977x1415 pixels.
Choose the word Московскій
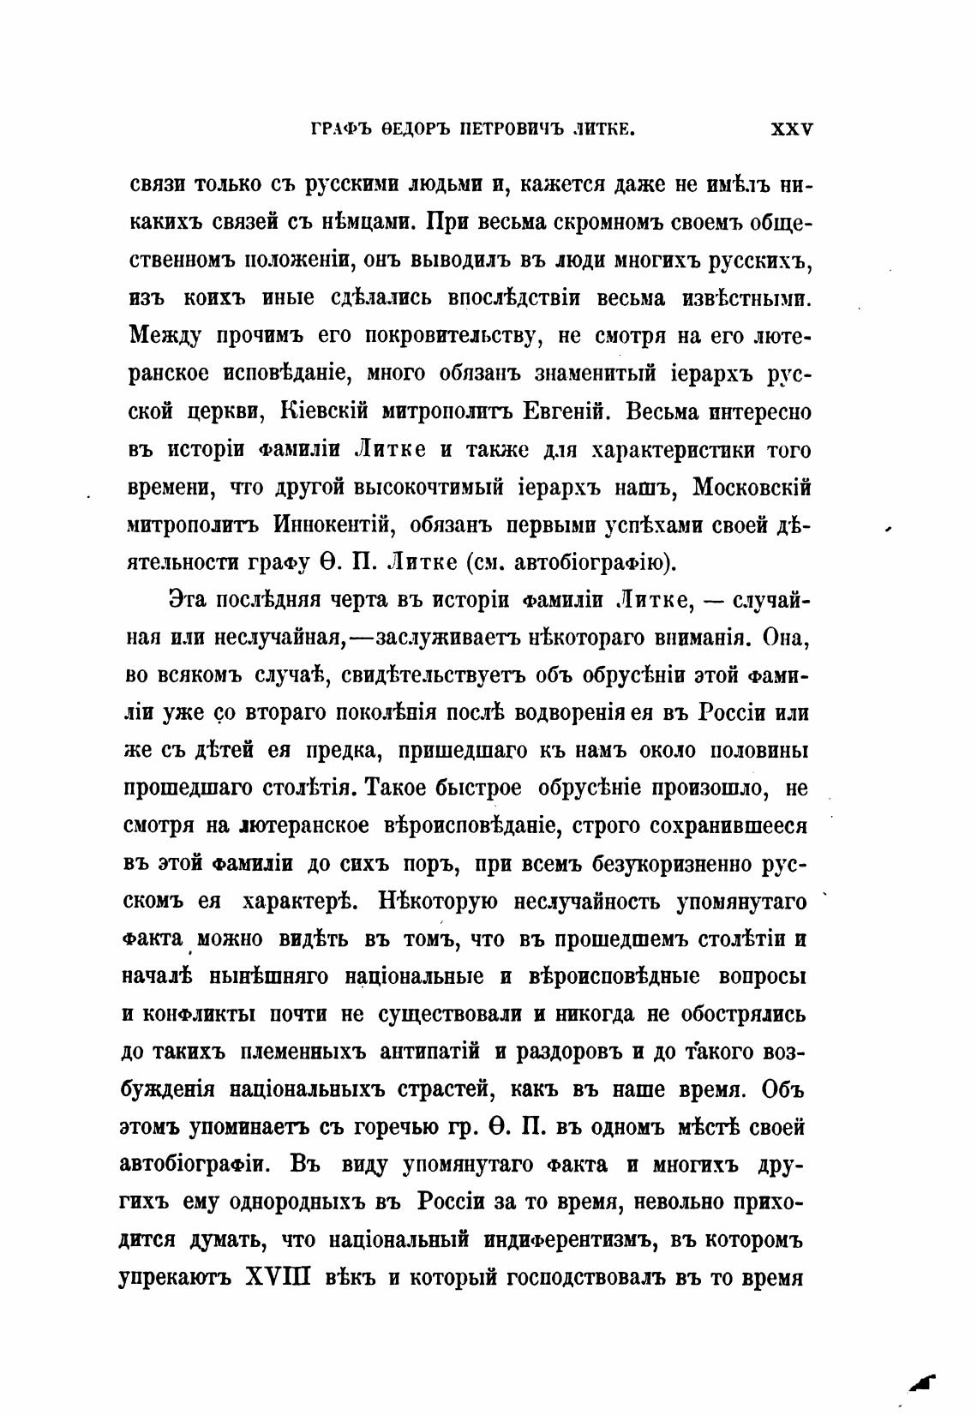(751, 487)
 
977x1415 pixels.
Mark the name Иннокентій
(334, 525)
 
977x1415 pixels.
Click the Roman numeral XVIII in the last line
(277, 1279)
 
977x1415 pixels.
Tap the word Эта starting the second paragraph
(188, 600)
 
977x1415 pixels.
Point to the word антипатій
(428, 1052)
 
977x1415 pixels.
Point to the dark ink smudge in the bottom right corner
(923, 1379)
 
